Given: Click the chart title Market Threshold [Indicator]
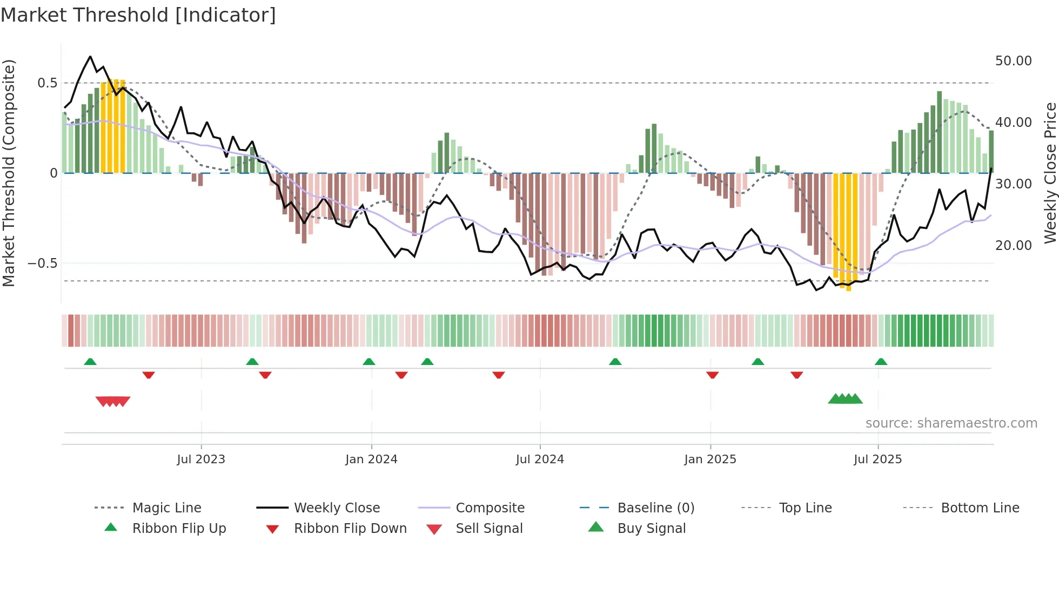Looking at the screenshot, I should point(138,15).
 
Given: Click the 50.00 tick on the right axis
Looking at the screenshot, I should point(1013,61).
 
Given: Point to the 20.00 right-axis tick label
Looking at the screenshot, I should point(1013,246).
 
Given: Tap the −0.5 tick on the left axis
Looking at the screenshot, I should point(42,263).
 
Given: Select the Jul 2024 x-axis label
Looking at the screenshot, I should point(540,459).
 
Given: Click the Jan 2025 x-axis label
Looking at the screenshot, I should point(710,459).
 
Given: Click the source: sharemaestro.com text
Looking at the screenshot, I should point(951,423).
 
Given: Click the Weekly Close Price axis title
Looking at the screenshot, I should point(1050,173).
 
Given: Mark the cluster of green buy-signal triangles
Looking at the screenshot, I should point(845,399).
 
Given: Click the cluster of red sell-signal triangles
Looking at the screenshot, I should point(113,401).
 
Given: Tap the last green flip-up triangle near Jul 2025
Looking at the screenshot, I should point(881,362).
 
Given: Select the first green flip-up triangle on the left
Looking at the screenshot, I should point(90,362).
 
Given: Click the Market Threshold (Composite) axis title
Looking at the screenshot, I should point(9,173).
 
